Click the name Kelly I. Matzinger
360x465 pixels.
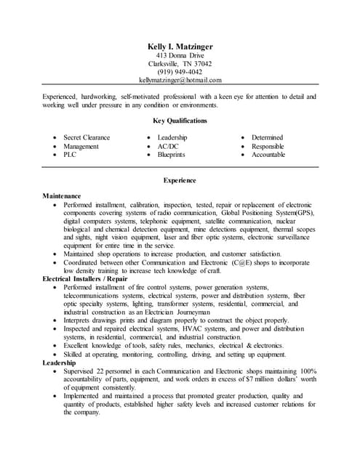(x=180, y=46)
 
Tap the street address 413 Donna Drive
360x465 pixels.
(x=180, y=55)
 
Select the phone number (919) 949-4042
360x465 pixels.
(x=180, y=72)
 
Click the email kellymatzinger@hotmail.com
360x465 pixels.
(x=180, y=81)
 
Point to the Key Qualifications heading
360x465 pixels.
(x=180, y=121)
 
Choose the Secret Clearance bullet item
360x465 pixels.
(x=87, y=137)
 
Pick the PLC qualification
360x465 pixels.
(x=70, y=155)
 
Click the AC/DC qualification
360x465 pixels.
(x=168, y=146)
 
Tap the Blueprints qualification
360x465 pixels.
(x=172, y=155)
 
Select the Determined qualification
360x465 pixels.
(x=267, y=137)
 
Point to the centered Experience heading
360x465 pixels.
(x=180, y=180)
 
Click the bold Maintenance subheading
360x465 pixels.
(x=62, y=196)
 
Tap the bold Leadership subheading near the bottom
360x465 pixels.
(x=59, y=363)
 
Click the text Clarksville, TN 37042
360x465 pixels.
(x=180, y=63)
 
